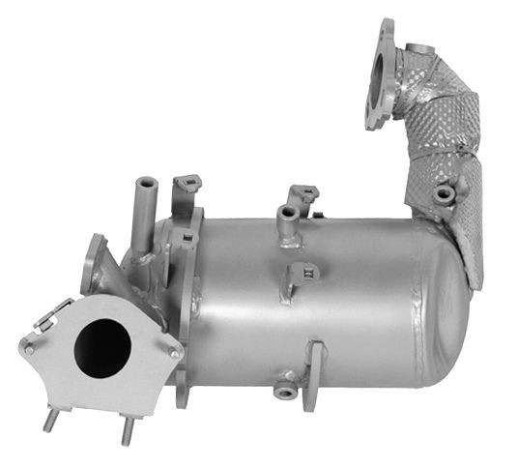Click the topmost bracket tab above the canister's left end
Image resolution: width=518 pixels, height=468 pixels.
point(186,183)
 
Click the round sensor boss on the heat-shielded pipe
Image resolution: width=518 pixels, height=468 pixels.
point(444,194)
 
